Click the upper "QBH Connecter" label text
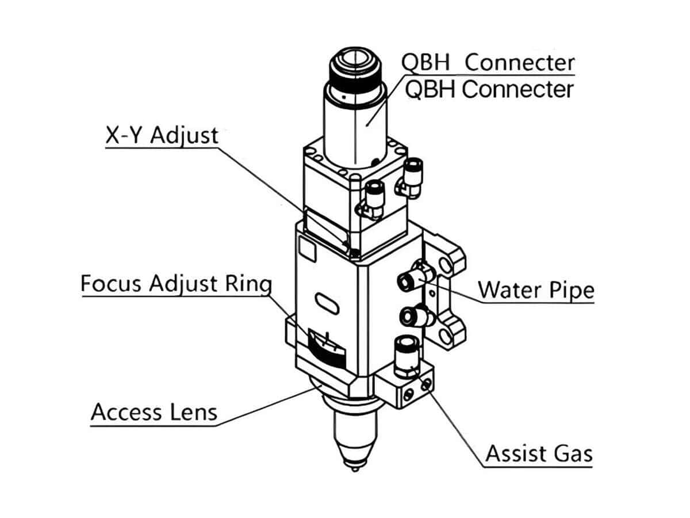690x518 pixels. pyautogui.click(x=488, y=62)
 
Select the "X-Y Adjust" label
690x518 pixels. pyautogui.click(x=162, y=135)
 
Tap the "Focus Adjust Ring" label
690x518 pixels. pyautogui.click(x=175, y=284)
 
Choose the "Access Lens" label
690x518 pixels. pyautogui.click(x=154, y=412)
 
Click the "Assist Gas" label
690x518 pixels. pyautogui.click(x=538, y=454)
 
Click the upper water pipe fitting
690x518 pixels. pyautogui.click(x=409, y=278)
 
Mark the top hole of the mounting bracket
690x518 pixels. pyautogui.click(x=444, y=264)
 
